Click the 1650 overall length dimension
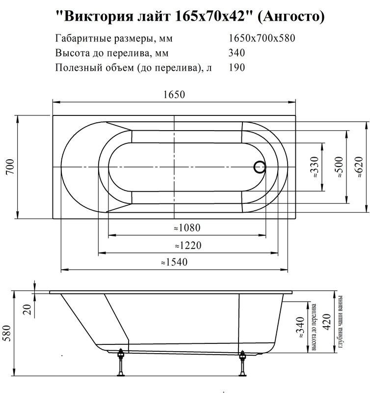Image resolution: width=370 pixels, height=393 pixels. (x=174, y=95)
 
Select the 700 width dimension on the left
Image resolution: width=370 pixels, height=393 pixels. (x=9, y=168)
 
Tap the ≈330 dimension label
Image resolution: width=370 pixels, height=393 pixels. (x=315, y=168)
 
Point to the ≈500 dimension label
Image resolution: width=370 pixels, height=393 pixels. (x=338, y=168)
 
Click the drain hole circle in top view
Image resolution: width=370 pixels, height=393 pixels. (x=260, y=168)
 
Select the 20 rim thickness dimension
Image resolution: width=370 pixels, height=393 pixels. (x=27, y=309)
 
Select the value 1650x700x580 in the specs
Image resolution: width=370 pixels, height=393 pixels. (x=262, y=38)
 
